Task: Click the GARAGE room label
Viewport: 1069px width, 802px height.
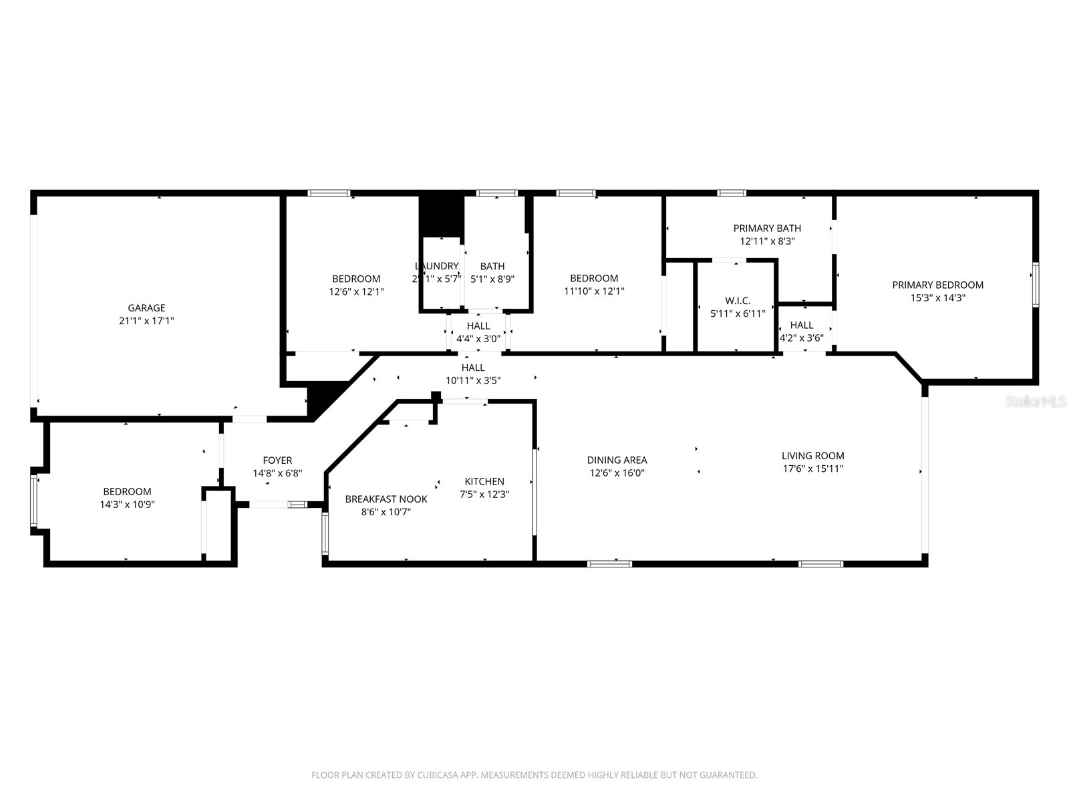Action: pos(146,308)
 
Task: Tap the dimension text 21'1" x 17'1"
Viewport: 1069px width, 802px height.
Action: pos(146,321)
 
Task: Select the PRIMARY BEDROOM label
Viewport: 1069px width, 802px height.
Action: pos(937,285)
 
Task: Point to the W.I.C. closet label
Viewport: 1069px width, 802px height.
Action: pos(738,301)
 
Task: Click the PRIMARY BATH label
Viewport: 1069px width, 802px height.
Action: pos(767,229)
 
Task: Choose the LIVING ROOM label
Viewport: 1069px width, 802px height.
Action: pos(812,456)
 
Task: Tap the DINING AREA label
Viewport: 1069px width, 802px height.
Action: pos(617,460)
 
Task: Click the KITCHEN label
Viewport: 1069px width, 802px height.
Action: pos(484,481)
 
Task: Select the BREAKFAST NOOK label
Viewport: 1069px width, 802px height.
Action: pos(386,499)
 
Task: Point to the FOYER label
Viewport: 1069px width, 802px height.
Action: pos(277,460)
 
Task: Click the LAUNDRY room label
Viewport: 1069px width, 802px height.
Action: pos(436,266)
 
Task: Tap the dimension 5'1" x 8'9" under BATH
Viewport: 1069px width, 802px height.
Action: pos(492,279)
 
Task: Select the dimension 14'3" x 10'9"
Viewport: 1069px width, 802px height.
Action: pos(127,505)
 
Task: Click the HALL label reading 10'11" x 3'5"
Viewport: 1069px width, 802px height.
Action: pos(473,368)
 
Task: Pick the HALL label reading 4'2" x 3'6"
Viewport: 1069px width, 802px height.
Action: pos(802,325)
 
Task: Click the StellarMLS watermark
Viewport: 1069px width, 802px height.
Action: pos(1036,401)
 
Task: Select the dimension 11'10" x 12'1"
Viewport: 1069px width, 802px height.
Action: pos(594,291)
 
